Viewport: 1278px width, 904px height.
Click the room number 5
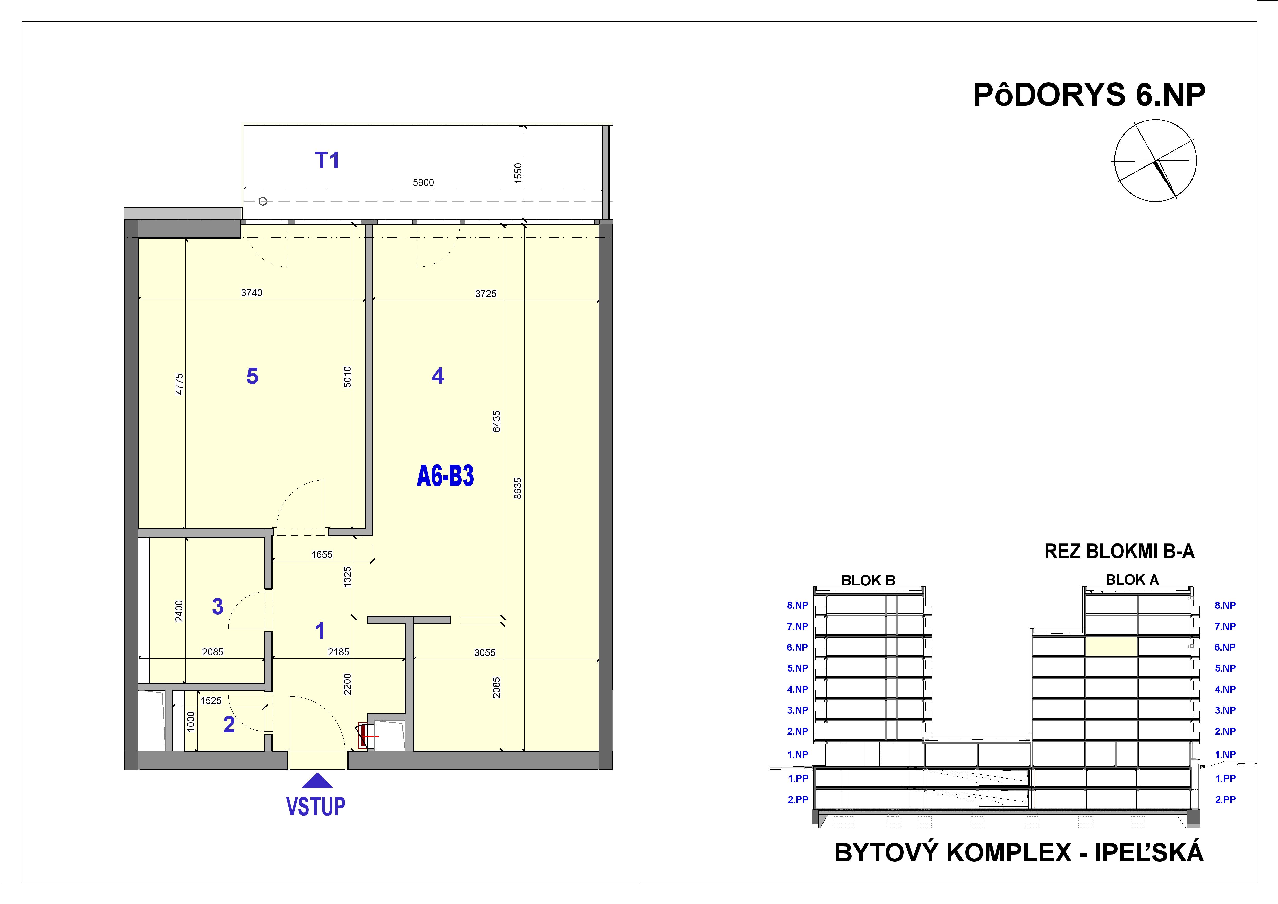[x=252, y=376]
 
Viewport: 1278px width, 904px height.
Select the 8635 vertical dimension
[x=518, y=488]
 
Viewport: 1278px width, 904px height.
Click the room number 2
[x=229, y=725]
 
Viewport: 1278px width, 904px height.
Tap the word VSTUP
[x=316, y=806]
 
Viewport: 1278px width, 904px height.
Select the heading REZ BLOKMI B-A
[x=1119, y=551]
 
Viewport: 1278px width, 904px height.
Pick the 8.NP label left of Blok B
[x=797, y=605]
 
